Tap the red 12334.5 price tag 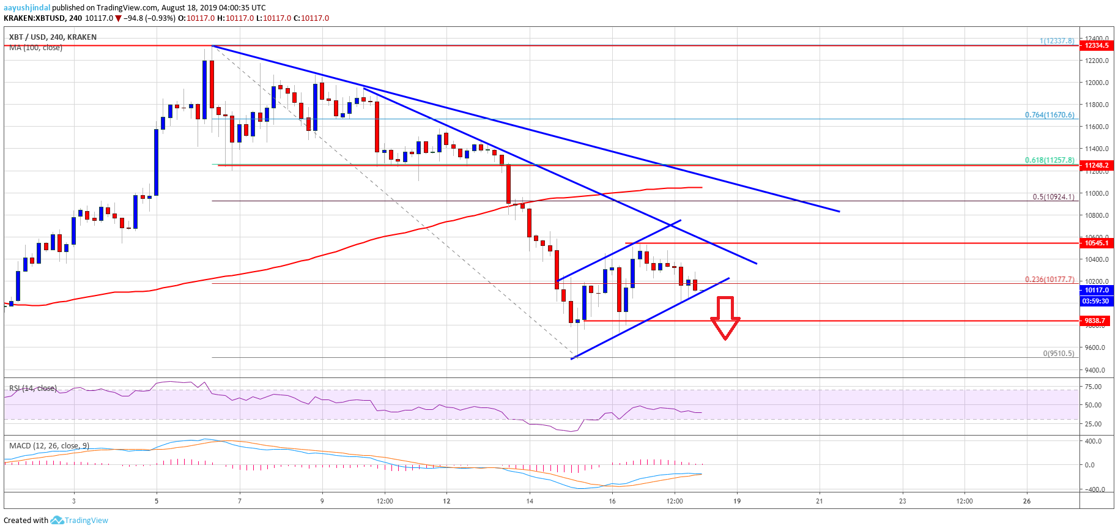tap(1097, 45)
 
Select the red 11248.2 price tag tap(1097, 165)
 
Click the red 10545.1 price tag tap(1097, 243)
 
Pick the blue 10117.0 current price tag tap(1097, 291)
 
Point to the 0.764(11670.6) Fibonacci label tap(1050, 115)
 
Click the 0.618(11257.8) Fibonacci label tap(1050, 160)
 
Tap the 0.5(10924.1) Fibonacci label tap(1053, 197)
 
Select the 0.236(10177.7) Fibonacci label tap(1050, 280)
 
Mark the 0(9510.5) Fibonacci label tap(1058, 354)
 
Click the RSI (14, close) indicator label tap(33, 388)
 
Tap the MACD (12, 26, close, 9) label tap(49, 445)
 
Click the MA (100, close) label tap(35, 48)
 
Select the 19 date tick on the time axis tap(737, 501)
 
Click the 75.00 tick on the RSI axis tap(1093, 387)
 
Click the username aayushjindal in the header tap(27, 8)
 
